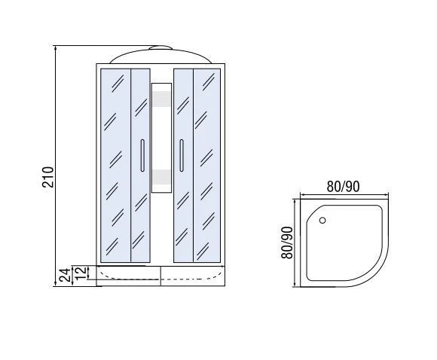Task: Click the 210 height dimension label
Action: pyautogui.click(x=47, y=177)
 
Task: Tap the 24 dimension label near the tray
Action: pyautogui.click(x=65, y=276)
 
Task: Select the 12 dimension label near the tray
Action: pyautogui.click(x=81, y=273)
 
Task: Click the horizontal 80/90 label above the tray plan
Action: pyautogui.click(x=343, y=187)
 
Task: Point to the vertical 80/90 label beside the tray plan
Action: pyautogui.click(x=287, y=243)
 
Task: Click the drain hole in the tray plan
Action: pyautogui.click(x=322, y=221)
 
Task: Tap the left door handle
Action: pyautogui.click(x=142, y=155)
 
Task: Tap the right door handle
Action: pyautogui.click(x=182, y=155)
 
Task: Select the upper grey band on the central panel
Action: pyautogui.click(x=161, y=99)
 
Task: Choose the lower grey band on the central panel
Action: pyautogui.click(x=161, y=177)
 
